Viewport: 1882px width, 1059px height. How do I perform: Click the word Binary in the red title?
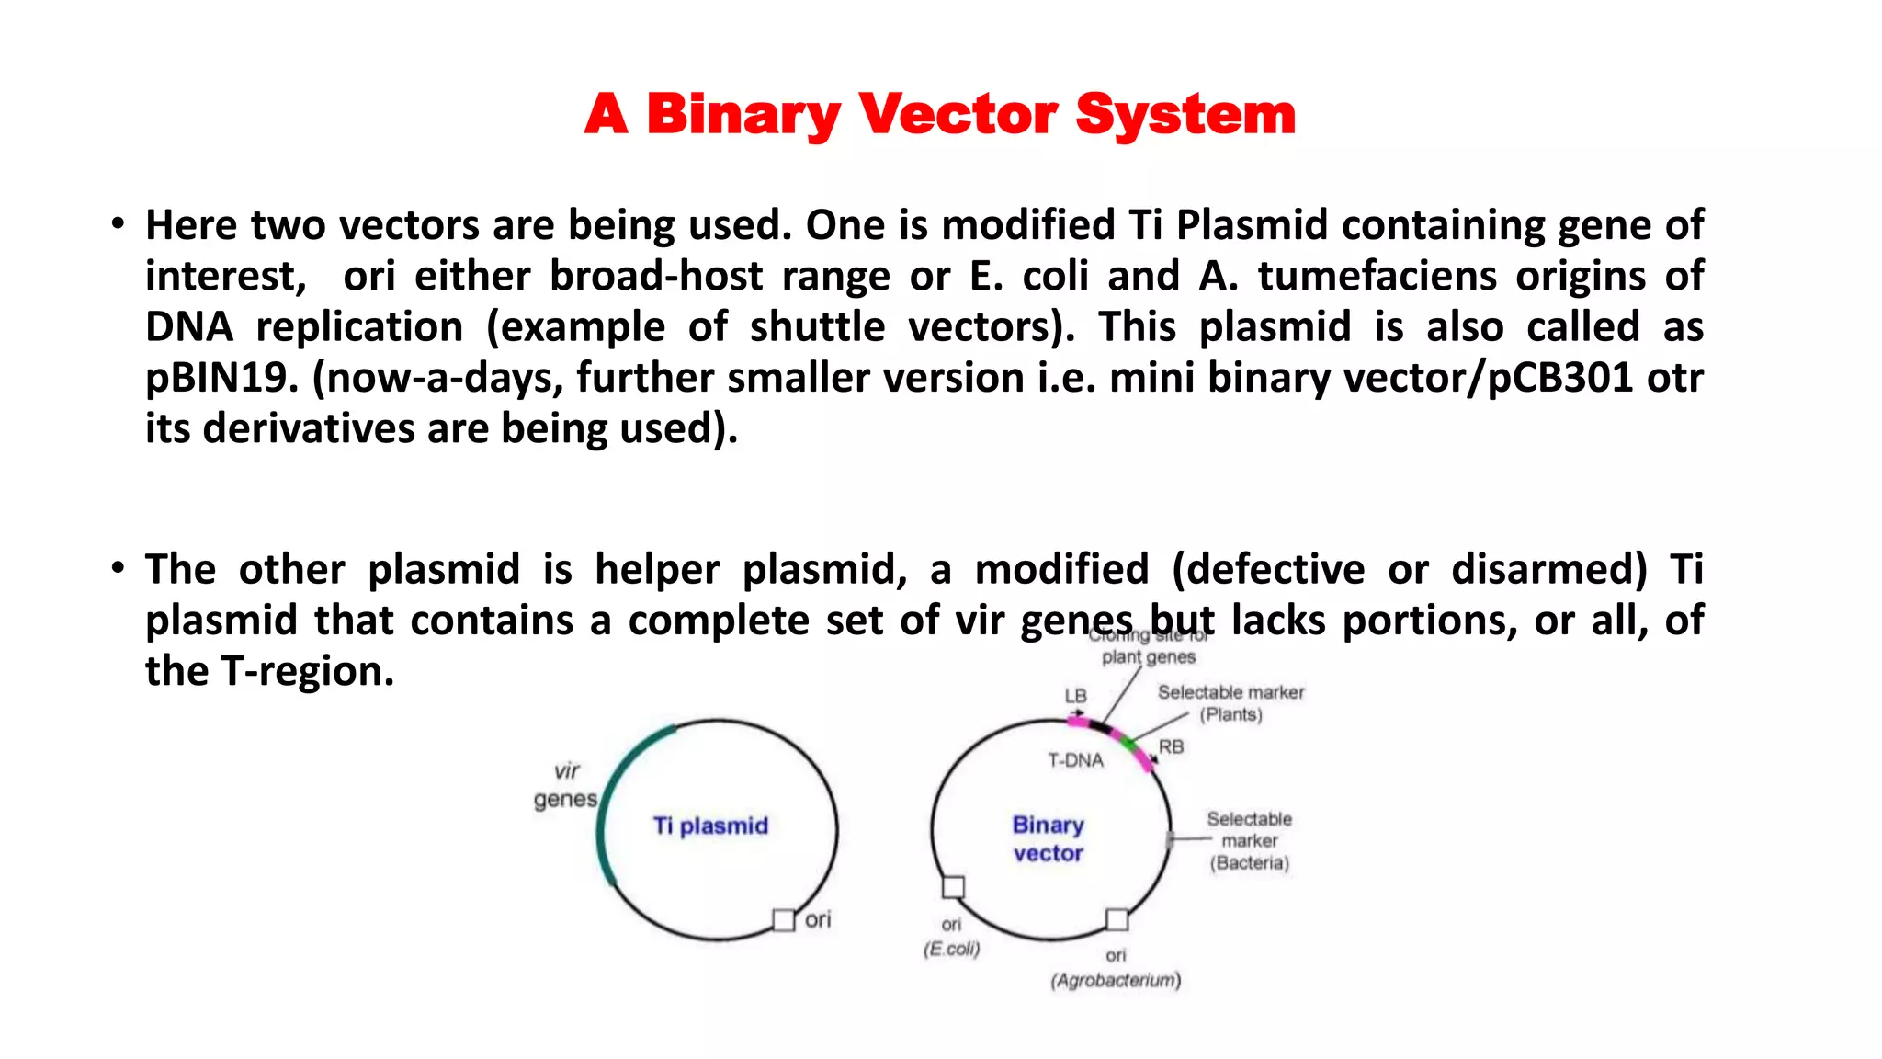point(743,116)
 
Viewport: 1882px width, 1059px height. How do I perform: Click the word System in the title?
point(1185,116)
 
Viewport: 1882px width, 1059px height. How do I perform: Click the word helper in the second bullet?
point(656,570)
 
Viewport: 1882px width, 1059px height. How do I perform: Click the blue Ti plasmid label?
point(710,826)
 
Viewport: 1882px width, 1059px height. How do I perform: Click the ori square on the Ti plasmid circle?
point(783,919)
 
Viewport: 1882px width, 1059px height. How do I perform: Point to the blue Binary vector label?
point(1048,838)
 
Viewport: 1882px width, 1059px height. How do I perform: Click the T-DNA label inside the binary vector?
point(1075,760)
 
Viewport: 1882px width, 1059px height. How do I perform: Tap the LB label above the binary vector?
point(1075,696)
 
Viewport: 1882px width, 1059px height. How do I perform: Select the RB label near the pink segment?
point(1171,747)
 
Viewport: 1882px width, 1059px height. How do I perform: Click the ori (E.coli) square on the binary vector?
point(953,887)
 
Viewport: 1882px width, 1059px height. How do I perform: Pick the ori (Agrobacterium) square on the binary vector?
point(1117,919)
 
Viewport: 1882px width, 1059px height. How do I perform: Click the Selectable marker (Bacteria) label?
point(1249,840)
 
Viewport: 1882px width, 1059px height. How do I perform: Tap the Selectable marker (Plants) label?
point(1230,703)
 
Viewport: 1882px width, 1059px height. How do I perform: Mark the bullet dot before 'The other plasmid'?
point(117,568)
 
